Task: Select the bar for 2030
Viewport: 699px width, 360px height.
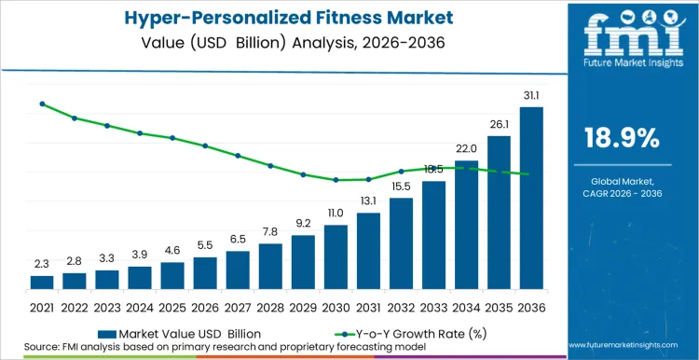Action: tap(336, 256)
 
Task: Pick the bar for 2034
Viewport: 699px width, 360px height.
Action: tap(466, 224)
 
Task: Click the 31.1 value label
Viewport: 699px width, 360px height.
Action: tap(531, 96)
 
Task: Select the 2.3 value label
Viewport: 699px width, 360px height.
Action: tap(42, 264)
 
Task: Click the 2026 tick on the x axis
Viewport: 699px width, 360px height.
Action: tap(205, 306)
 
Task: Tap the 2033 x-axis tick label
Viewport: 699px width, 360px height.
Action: tap(433, 306)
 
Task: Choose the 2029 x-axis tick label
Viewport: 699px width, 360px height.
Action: tap(303, 306)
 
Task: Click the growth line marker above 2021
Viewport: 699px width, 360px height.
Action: tap(42, 104)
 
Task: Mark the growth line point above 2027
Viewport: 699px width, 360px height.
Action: tap(238, 156)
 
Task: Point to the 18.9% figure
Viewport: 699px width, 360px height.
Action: tap(622, 139)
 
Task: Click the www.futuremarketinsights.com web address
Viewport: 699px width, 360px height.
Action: tap(622, 346)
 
